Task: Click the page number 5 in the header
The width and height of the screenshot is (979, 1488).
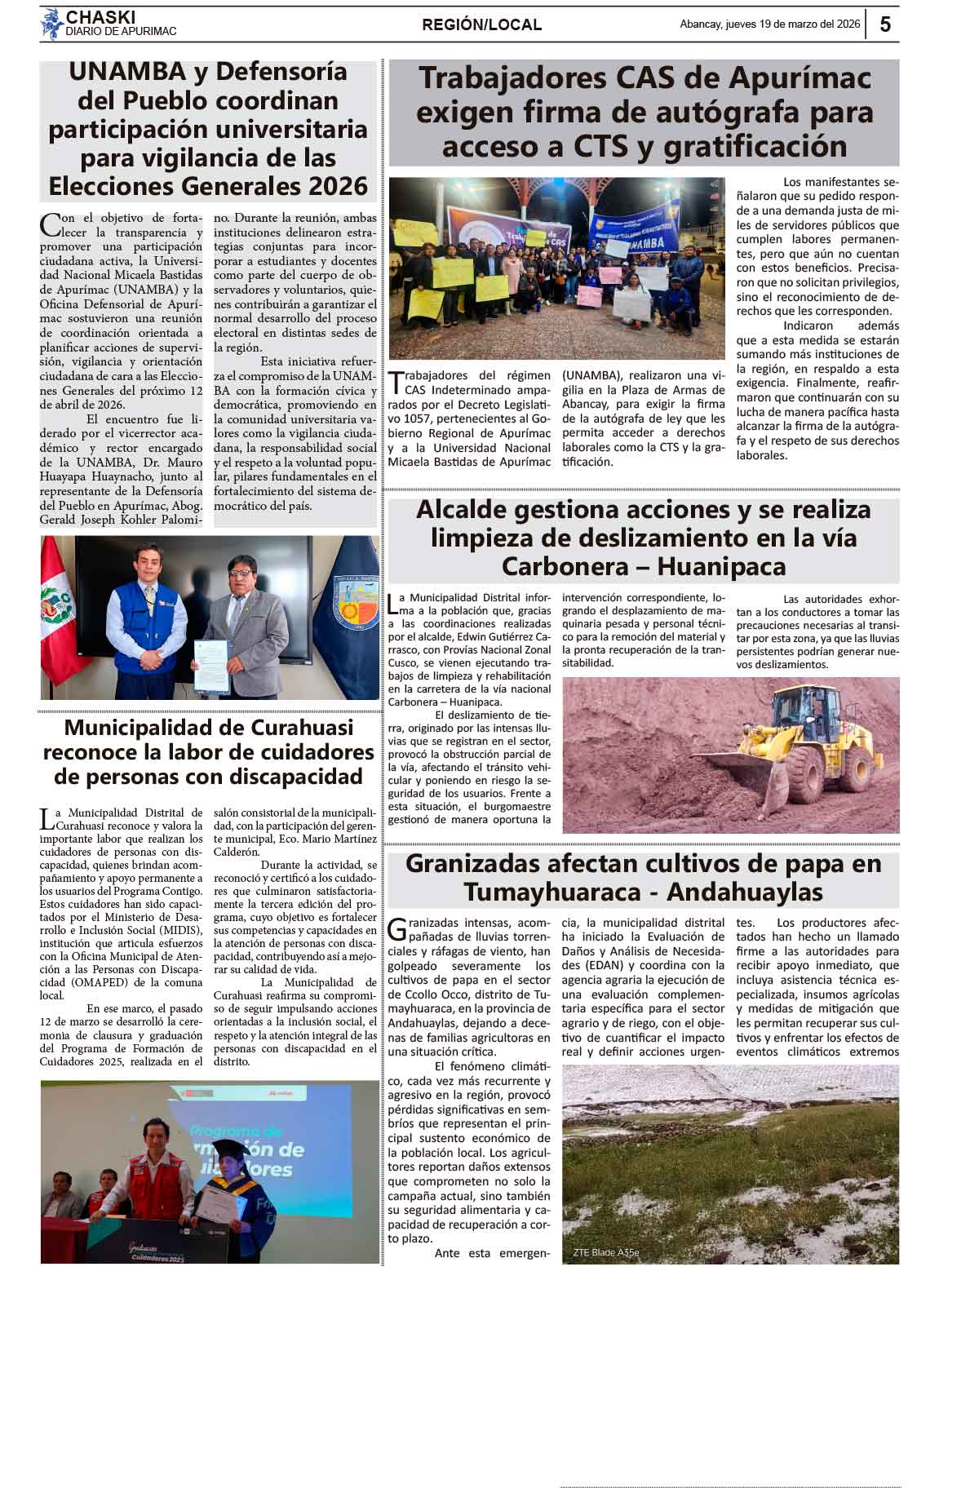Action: (x=885, y=24)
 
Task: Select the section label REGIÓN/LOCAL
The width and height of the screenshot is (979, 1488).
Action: (x=481, y=25)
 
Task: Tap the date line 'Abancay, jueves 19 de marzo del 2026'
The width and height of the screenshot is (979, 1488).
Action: (x=769, y=24)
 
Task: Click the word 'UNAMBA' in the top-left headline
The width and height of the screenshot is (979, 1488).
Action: (x=126, y=72)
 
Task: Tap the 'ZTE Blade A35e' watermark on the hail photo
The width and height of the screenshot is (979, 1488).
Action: (x=605, y=1252)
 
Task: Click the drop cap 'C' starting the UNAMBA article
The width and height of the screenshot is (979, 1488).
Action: (x=49, y=224)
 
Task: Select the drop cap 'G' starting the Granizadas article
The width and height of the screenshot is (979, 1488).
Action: (x=397, y=929)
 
